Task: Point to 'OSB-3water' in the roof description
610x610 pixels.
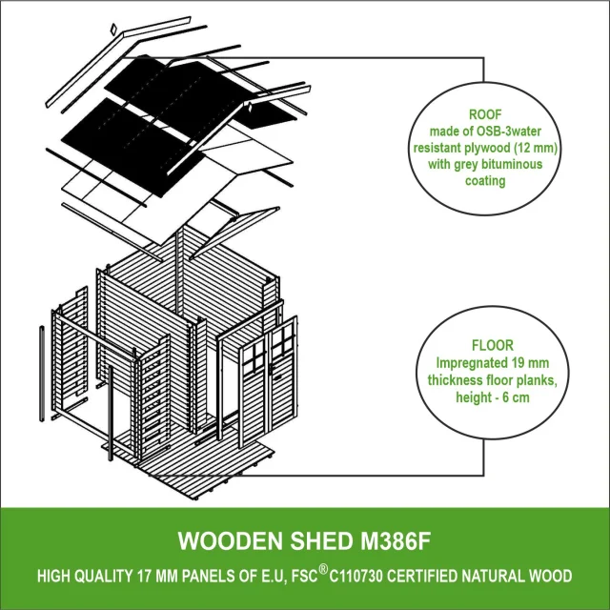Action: [x=504, y=131]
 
